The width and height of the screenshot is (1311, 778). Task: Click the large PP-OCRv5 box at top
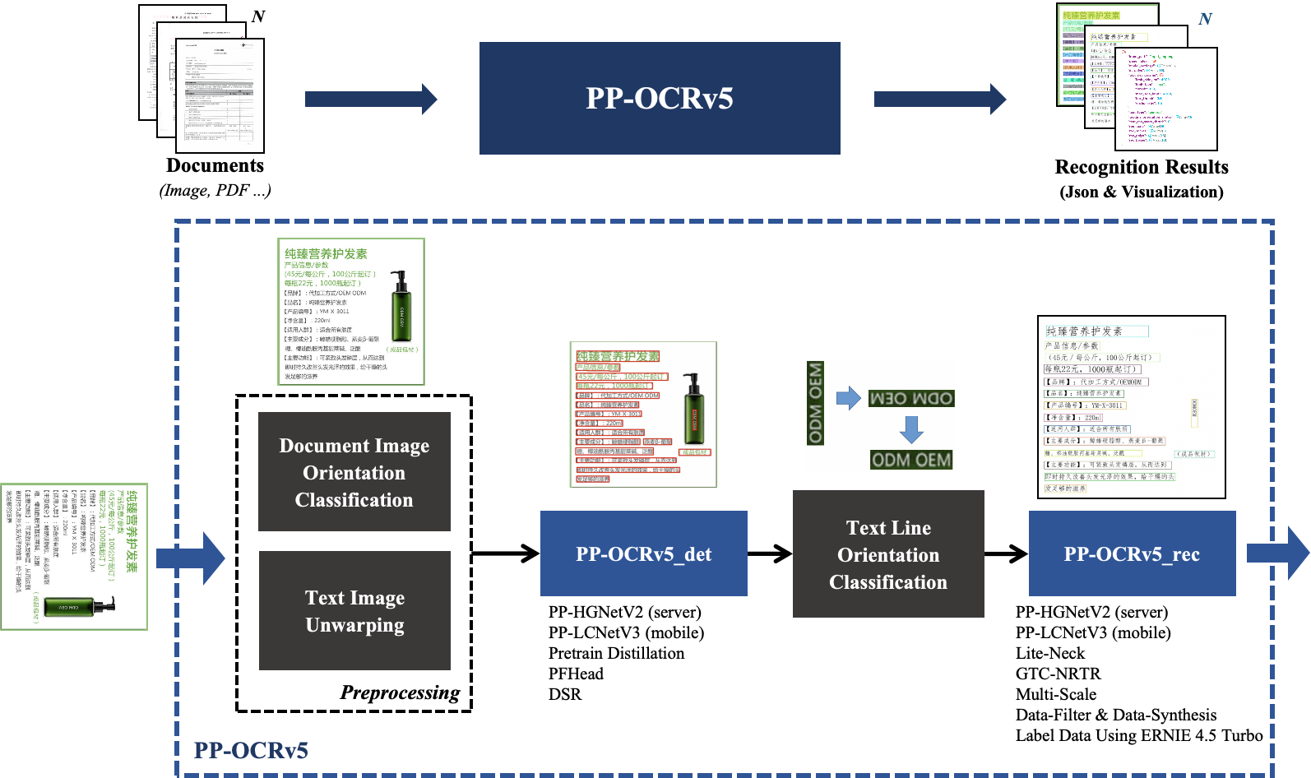tap(660, 98)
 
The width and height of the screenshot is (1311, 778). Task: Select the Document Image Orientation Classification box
tap(354, 471)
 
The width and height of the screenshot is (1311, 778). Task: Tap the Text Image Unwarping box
tap(354, 610)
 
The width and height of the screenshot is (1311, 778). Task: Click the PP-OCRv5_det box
tap(643, 553)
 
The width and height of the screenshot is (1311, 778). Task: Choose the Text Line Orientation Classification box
tap(888, 553)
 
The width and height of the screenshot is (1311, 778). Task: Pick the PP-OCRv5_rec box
tap(1132, 553)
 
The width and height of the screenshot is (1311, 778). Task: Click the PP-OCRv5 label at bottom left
tap(251, 750)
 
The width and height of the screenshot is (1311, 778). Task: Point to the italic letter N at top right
tap(1205, 19)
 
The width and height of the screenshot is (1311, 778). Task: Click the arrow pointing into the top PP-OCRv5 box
tap(371, 99)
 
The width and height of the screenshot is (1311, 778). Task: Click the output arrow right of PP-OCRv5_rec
tap(1276, 553)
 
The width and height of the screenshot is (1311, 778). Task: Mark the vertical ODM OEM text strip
tap(815, 403)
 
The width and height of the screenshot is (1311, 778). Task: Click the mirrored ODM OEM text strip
tap(911, 399)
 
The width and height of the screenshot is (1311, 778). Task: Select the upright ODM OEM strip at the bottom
tap(911, 460)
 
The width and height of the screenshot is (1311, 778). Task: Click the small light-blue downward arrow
tap(911, 429)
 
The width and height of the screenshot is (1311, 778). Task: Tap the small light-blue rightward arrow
tap(848, 399)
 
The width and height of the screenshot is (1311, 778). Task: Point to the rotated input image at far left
tap(74, 557)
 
